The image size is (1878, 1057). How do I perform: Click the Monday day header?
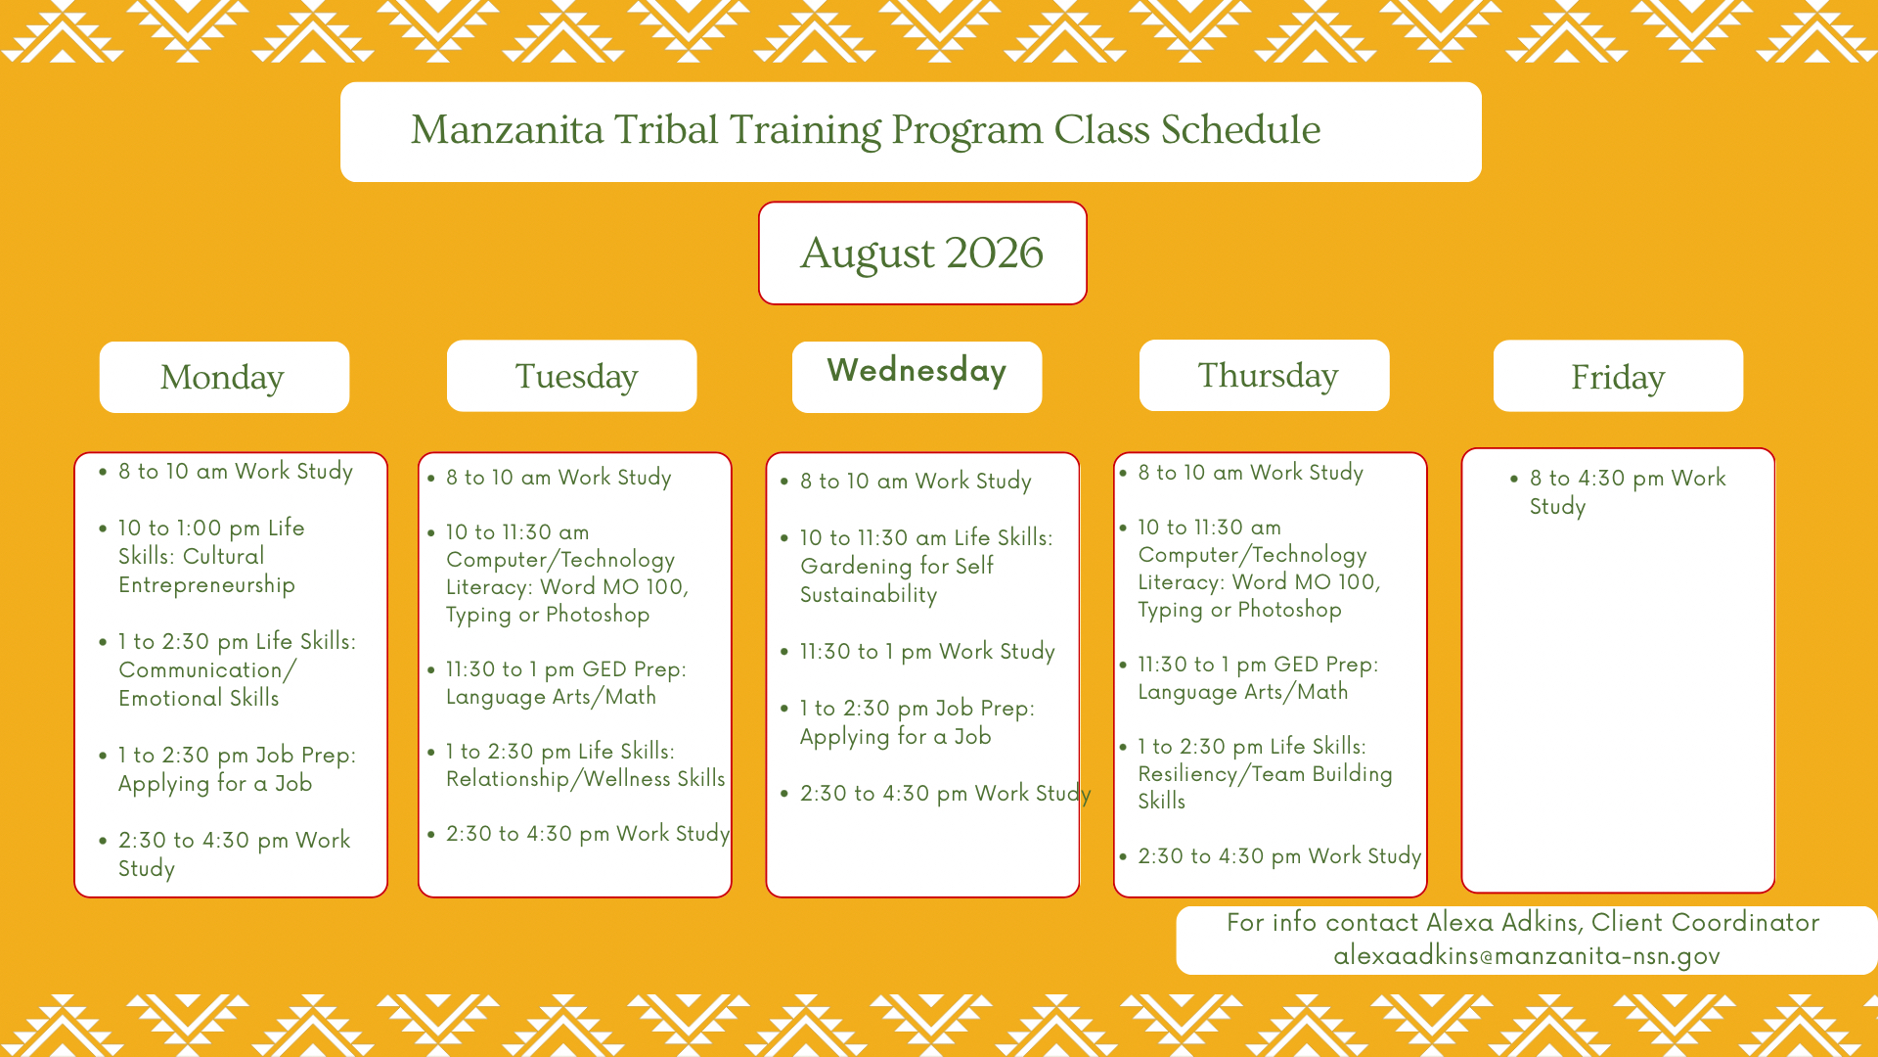tap(224, 377)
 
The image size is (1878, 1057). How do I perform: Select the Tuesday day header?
tap(571, 376)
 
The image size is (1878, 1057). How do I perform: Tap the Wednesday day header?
tap(917, 377)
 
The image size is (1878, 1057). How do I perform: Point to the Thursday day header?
tap(1264, 375)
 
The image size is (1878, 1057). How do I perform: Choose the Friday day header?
tap(1618, 376)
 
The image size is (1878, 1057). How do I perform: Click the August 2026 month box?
tap(922, 253)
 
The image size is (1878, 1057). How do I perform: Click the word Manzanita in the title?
tap(508, 129)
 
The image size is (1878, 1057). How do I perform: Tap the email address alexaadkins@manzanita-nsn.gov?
tap(1527, 956)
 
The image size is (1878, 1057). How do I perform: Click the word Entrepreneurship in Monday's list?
tap(206, 585)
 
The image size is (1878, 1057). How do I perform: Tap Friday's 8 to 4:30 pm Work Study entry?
tap(1628, 492)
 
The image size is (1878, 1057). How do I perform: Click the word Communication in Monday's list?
tap(201, 670)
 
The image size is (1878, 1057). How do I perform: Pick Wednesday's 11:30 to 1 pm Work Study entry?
tap(927, 652)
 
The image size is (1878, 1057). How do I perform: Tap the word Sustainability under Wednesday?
tap(869, 595)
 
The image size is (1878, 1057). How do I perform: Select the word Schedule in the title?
tap(1240, 129)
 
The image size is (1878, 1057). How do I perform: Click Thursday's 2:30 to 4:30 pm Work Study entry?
tap(1279, 856)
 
